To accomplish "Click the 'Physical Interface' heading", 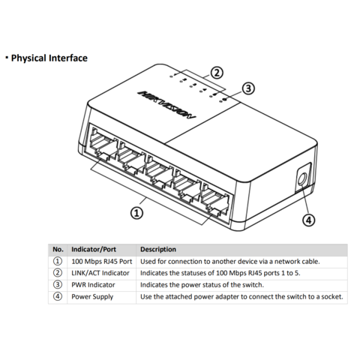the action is [x=49, y=58].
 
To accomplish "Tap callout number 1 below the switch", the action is [x=136, y=213].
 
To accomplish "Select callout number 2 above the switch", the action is [x=216, y=73].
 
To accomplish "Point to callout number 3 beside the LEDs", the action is [x=248, y=88].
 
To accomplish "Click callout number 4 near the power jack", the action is [x=309, y=220].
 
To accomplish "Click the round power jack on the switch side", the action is [x=302, y=179].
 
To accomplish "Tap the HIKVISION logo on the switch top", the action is [x=166, y=104].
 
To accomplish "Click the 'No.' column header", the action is [x=58, y=249].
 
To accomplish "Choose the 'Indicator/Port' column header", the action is [x=94, y=250].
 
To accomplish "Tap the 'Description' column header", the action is [x=158, y=250].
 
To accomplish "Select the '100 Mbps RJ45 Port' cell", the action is [x=102, y=262].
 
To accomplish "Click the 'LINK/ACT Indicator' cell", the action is [x=100, y=273].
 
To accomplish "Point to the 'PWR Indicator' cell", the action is [x=93, y=285].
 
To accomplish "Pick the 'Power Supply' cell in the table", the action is [x=92, y=297].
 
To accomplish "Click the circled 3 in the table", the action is [x=58, y=284].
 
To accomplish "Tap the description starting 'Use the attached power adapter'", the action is [x=241, y=297].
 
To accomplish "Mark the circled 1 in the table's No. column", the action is [x=58, y=261].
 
